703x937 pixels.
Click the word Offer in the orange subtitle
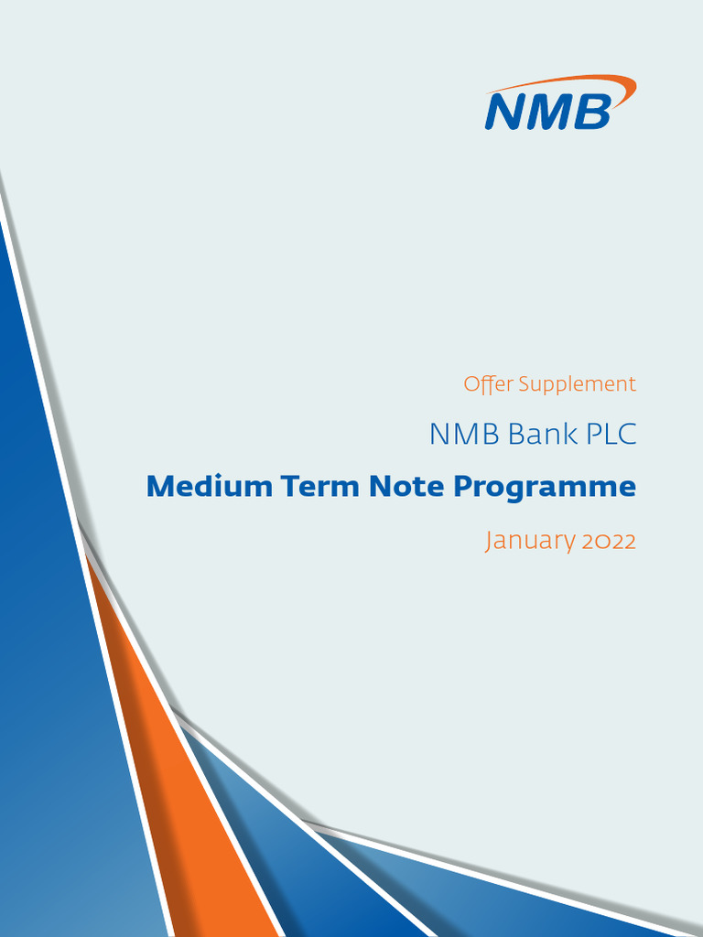pyautogui.click(x=488, y=384)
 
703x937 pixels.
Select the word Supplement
pyautogui.click(x=577, y=385)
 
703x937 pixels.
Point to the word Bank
pyautogui.click(x=543, y=435)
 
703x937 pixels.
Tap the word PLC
pyautogui.click(x=611, y=435)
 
